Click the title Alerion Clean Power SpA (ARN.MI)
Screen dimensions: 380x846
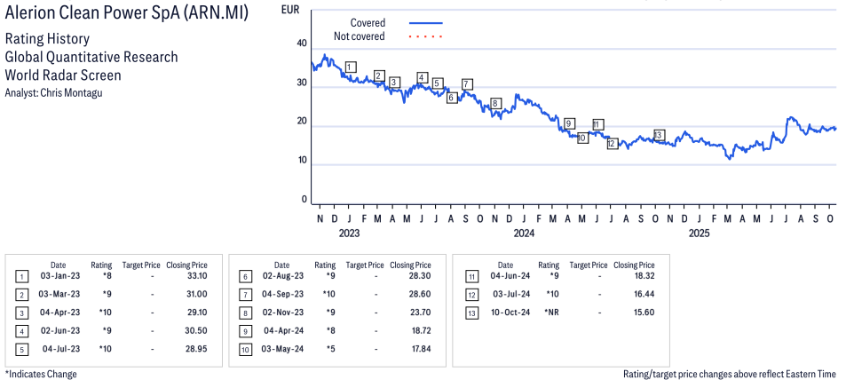(126, 14)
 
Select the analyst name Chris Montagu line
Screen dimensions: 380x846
(53, 92)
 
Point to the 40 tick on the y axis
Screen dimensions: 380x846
(302, 44)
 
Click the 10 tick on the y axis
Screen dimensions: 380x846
(302, 161)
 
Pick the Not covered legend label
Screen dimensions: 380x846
(359, 36)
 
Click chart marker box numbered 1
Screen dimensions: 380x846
(351, 67)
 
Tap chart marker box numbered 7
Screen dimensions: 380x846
(467, 84)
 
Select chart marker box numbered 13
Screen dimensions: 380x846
(659, 135)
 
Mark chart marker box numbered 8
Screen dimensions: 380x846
(495, 104)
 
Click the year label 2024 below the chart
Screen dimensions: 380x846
(523, 234)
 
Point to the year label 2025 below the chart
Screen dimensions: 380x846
(699, 234)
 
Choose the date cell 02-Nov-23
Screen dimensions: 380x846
(281, 313)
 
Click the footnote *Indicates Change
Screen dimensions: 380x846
(41, 374)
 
